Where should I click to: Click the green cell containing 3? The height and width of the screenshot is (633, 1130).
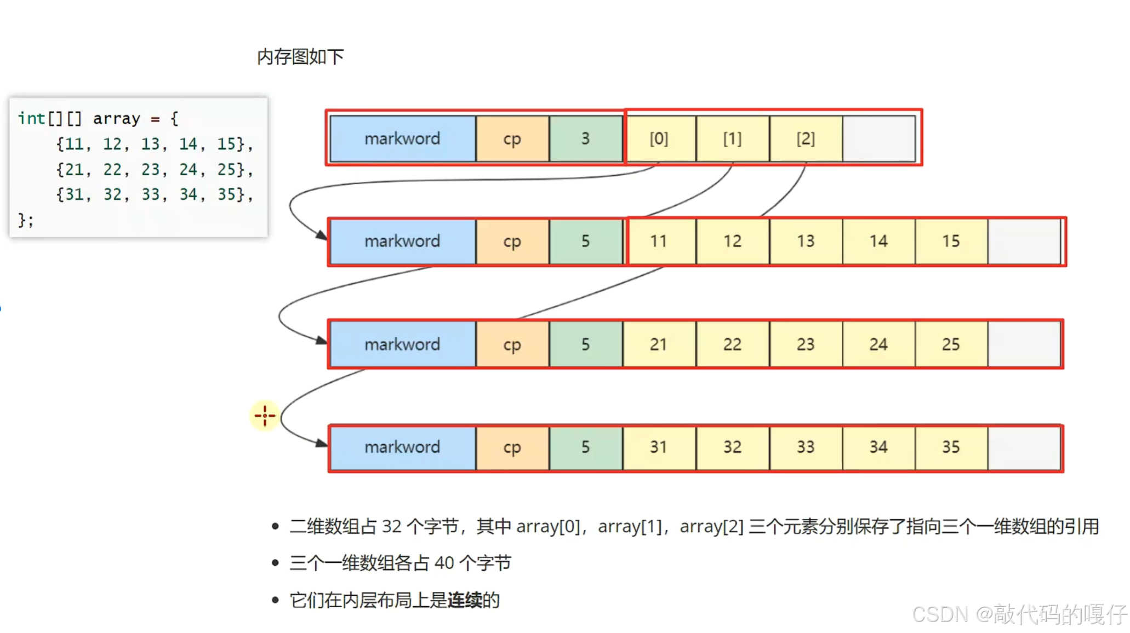coord(585,139)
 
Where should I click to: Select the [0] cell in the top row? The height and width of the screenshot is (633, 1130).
coord(659,139)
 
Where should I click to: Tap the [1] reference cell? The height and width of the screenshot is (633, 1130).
coord(732,139)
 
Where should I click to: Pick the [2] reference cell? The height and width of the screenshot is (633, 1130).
coord(806,139)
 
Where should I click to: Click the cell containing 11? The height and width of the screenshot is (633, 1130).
coord(659,241)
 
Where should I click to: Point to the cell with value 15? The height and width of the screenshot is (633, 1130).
coord(951,241)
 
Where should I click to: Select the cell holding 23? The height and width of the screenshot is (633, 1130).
coord(806,344)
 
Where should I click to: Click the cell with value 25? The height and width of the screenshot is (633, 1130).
coord(951,344)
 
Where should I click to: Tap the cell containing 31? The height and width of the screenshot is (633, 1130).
coord(659,447)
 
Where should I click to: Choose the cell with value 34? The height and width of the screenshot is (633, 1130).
coord(878,447)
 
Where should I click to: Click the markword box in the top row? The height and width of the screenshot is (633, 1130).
coord(402,139)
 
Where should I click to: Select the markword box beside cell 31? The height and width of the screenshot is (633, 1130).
coord(402,447)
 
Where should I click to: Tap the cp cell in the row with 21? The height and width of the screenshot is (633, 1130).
coord(512,344)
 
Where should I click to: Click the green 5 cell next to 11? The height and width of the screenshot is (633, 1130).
coord(585,241)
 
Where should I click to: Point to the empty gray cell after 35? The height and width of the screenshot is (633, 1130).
coord(1024,447)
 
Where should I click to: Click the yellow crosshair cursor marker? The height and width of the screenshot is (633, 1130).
coord(265,416)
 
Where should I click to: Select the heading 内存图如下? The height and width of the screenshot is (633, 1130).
coord(300,56)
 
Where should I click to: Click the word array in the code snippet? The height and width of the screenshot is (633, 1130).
coord(116,118)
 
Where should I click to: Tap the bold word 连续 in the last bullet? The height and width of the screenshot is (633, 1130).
coord(464,600)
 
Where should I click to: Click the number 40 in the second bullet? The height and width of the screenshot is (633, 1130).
coord(444,563)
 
